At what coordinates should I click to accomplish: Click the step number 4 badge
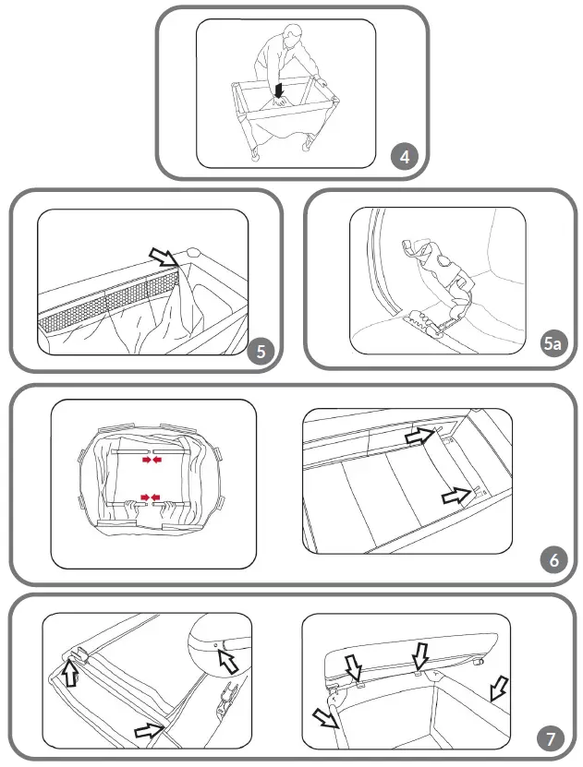point(405,156)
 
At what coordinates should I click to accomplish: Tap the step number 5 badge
point(261,351)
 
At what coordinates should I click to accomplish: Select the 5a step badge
point(552,344)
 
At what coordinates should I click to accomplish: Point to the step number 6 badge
point(553,560)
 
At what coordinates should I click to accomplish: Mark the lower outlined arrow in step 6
point(457,496)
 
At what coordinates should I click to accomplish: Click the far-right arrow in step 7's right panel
point(498,687)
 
